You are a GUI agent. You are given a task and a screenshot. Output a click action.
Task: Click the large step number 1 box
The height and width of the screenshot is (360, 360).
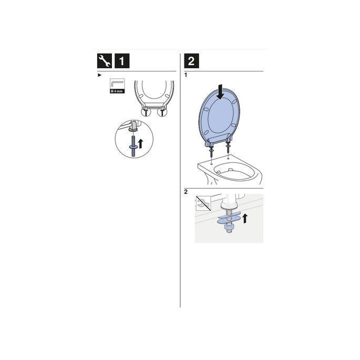point(122,61)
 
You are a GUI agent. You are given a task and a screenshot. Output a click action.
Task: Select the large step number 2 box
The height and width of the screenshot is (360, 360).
point(191,61)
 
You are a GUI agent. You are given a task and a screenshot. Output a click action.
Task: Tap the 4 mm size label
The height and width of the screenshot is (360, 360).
point(117,91)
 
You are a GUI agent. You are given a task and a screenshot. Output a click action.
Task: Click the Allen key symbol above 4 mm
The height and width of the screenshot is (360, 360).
point(117,84)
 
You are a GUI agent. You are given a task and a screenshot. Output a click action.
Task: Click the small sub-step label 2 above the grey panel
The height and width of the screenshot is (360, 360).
point(186,192)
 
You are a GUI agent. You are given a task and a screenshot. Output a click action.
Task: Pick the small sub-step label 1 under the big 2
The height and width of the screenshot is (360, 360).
point(186,76)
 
